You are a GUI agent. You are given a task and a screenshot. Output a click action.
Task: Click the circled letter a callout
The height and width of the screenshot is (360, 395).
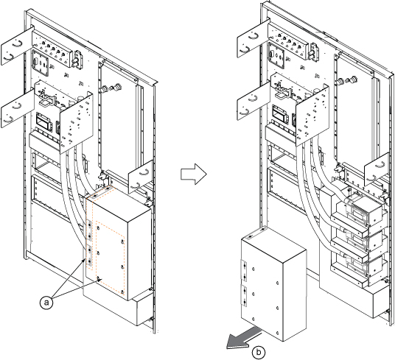46,303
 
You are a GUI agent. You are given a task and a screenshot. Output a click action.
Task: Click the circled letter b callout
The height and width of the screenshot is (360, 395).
259,352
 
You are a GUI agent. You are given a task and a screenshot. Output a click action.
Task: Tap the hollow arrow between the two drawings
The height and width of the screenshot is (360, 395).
194,174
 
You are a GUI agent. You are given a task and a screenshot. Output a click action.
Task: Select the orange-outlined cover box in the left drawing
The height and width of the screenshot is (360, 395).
118,243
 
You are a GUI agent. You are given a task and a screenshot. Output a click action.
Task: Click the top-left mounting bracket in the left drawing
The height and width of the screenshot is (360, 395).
17,47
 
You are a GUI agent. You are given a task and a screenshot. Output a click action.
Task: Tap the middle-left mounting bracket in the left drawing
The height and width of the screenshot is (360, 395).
18,109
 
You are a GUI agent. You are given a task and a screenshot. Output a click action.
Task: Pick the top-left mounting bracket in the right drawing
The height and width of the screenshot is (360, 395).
254,39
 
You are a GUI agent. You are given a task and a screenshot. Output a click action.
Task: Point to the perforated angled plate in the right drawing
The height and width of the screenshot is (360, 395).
312,116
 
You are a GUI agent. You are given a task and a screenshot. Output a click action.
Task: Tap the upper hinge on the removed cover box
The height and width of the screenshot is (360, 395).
245,271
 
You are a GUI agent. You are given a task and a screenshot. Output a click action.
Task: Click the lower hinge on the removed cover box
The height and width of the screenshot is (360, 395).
245,296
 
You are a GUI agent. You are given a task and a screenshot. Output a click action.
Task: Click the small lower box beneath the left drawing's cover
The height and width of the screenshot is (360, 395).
144,311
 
